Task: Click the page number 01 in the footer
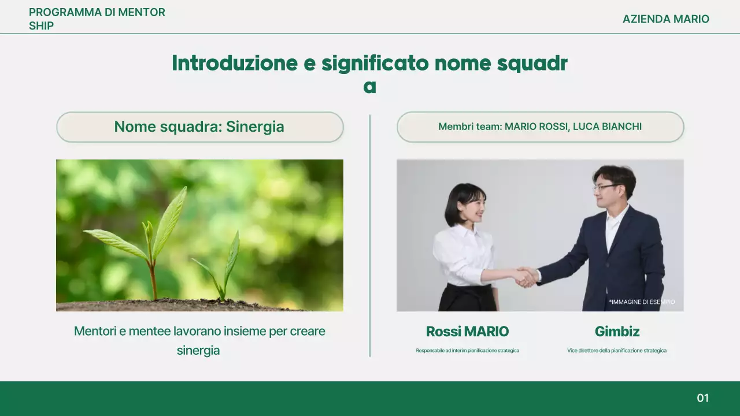pyautogui.click(x=702, y=398)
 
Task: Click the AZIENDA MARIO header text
pyautogui.click(x=665, y=19)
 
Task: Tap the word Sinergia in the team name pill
pyautogui.click(x=255, y=127)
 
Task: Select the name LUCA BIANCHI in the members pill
pyautogui.click(x=607, y=127)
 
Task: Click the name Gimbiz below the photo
pyautogui.click(x=617, y=332)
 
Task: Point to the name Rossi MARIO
pyautogui.click(x=467, y=332)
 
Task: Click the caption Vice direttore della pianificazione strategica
pyautogui.click(x=617, y=351)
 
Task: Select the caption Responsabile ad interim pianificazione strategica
pyautogui.click(x=467, y=351)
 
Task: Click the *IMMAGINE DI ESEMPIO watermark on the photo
pyautogui.click(x=642, y=302)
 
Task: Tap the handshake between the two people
pyautogui.click(x=526, y=277)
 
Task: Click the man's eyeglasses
pyautogui.click(x=605, y=187)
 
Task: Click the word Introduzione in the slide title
pyautogui.click(x=234, y=63)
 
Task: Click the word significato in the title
pyautogui.click(x=375, y=63)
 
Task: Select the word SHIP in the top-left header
pyautogui.click(x=41, y=26)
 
